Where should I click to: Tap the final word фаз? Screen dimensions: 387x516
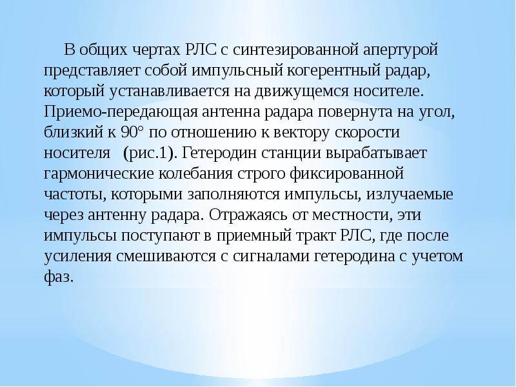tap(59, 279)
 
